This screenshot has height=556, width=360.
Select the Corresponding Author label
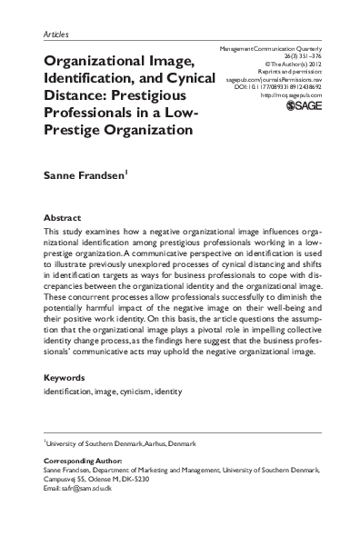[x=83, y=462]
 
